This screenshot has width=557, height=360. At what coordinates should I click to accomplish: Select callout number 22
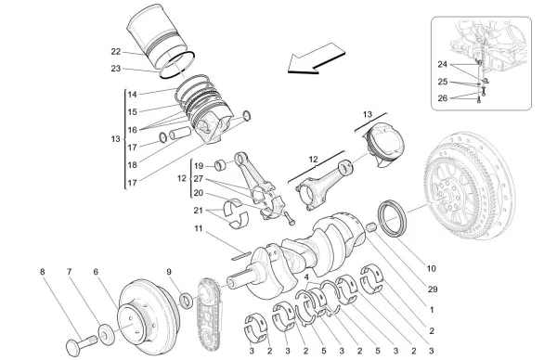click(115, 52)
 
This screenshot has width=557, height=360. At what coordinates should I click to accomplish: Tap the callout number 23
click(115, 68)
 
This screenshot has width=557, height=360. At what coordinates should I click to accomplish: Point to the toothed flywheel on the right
click(479, 199)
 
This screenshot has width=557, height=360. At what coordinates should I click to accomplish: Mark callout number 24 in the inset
click(442, 66)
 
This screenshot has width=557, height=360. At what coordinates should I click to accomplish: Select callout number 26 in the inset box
click(442, 97)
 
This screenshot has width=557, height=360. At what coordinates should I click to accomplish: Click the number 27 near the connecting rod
click(198, 180)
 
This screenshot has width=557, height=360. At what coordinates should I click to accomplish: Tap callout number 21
click(198, 210)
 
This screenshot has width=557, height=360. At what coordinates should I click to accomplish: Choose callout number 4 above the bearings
click(307, 277)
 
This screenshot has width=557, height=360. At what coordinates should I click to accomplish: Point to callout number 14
click(133, 95)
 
